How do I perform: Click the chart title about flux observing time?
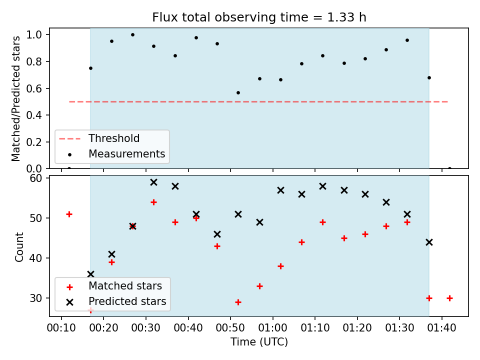point(259,17)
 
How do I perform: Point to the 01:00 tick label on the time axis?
point(273,328)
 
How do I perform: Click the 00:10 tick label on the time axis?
point(61,328)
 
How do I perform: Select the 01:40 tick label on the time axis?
point(441,328)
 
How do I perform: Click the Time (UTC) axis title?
point(259,341)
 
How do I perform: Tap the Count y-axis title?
point(19,247)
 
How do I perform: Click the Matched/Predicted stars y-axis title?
point(15,98)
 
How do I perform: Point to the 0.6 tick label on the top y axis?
point(34,88)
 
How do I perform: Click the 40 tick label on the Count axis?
point(36,258)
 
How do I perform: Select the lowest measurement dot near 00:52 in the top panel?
point(238,93)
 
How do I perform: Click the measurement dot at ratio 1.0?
point(132,35)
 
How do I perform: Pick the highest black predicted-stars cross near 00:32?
point(153,182)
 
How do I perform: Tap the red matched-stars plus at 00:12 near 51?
point(69,214)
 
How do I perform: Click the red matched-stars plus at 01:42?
point(449,298)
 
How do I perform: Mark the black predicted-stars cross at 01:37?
point(429,242)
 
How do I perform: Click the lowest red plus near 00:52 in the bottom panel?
point(238,302)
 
